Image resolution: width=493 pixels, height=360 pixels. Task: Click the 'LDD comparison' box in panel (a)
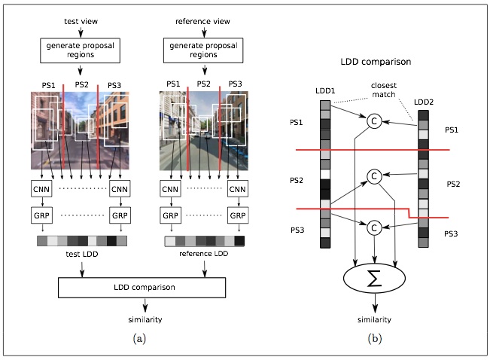[142, 287]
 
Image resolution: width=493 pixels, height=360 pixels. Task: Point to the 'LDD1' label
[324, 90]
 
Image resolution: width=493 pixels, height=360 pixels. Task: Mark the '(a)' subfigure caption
[139, 339]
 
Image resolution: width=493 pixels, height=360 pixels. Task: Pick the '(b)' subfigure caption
[374, 339]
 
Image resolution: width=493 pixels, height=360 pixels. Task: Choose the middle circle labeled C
[373, 176]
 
